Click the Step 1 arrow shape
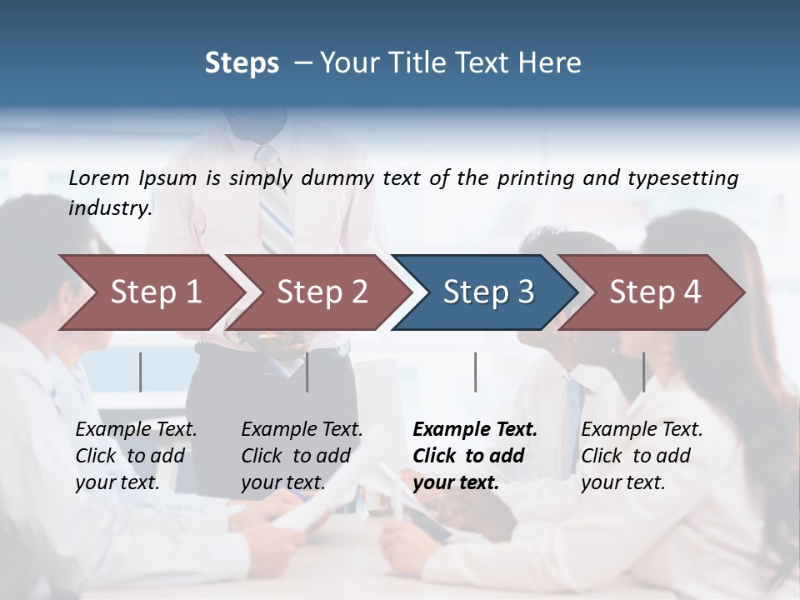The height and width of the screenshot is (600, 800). [x=150, y=292]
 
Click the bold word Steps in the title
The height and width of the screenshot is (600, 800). [x=242, y=62]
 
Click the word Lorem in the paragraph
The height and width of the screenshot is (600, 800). [x=99, y=177]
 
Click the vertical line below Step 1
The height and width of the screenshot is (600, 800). [x=141, y=372]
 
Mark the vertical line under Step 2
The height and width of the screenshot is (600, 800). [x=307, y=372]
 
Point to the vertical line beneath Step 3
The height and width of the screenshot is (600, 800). [x=476, y=372]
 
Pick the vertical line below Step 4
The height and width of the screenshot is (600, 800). [x=643, y=372]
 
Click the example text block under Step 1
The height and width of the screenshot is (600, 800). [x=136, y=456]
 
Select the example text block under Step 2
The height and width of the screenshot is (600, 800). [x=302, y=456]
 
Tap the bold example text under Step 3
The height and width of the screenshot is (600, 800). [x=475, y=456]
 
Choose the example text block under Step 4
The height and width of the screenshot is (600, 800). [x=642, y=456]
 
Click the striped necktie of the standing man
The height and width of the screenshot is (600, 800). [x=276, y=204]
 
